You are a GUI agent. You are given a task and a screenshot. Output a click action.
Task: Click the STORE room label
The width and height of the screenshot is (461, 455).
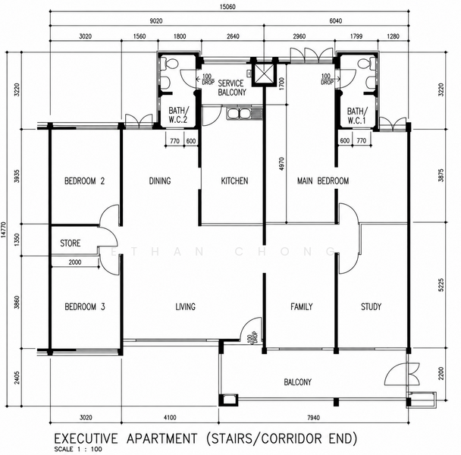tap(71, 243)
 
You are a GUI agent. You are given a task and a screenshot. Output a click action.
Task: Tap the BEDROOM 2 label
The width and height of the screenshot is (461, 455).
tap(84, 180)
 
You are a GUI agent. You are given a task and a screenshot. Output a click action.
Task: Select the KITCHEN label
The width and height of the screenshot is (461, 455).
tap(234, 180)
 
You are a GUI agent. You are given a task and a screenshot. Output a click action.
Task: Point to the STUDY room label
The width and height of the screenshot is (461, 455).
tap(371, 307)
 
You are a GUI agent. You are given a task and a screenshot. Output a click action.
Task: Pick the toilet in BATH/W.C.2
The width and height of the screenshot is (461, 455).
tap(170, 63)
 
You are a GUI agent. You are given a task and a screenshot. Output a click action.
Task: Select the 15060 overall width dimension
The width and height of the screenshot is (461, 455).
tap(228, 7)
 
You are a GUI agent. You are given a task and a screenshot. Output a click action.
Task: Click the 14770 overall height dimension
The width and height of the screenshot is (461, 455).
tap(3, 230)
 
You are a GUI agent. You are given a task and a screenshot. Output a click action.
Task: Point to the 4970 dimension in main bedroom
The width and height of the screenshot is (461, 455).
tap(281, 164)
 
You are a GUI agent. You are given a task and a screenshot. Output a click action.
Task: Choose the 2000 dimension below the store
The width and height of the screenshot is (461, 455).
tap(75, 262)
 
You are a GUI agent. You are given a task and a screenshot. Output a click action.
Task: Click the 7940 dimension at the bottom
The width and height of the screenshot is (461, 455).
tap(313, 418)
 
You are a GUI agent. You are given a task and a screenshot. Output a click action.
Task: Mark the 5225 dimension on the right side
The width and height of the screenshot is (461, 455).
tap(441, 285)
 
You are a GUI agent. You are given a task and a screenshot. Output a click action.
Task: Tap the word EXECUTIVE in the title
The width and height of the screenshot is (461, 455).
tap(86, 438)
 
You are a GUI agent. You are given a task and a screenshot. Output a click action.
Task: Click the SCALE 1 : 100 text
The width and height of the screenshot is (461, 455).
tap(78, 449)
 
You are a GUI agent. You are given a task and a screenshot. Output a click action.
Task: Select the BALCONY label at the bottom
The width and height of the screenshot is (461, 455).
tap(297, 382)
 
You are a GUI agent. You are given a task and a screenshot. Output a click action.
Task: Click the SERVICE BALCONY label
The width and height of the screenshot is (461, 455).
tap(232, 88)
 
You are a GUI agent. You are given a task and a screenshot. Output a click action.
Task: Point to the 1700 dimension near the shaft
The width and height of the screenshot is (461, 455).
tap(281, 83)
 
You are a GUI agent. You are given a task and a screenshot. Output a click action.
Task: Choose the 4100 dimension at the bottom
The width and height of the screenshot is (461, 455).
tap(170, 418)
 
